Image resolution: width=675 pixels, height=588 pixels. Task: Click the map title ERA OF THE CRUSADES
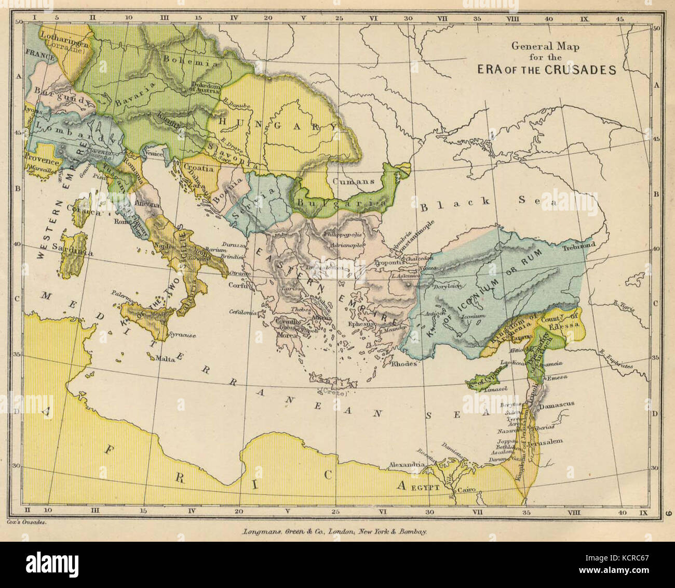[547, 70]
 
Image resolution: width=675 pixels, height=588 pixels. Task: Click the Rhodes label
[404, 364]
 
